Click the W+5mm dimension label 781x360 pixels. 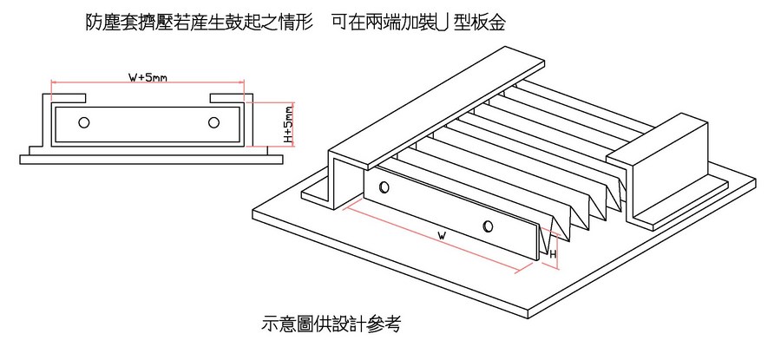coord(148,77)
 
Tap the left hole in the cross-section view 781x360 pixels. coord(83,122)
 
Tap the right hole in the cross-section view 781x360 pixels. coord(213,122)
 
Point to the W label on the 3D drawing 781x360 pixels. coord(442,235)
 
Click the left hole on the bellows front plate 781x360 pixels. coord(384,187)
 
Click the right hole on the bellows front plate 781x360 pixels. coord(489,227)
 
